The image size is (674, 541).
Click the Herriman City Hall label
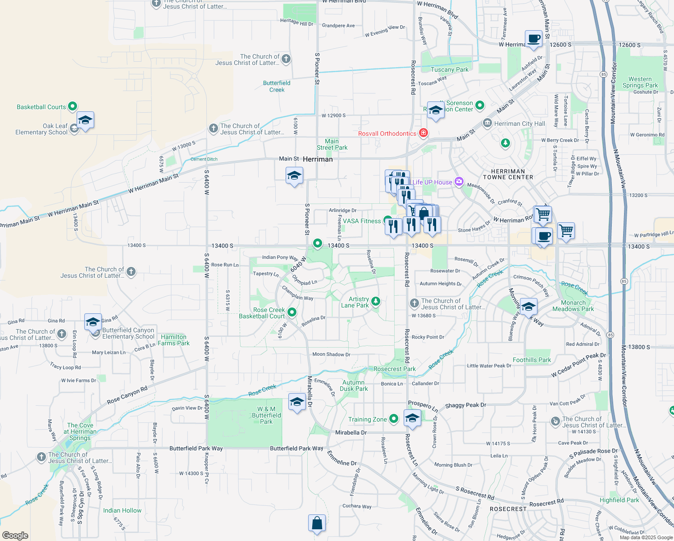[x=519, y=124]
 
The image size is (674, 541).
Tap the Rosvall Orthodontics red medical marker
[x=423, y=133]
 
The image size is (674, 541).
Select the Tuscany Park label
[x=449, y=69]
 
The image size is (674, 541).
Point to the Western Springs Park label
[x=640, y=82]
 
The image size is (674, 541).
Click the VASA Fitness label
[x=362, y=221]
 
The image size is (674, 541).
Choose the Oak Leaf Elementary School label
[x=41, y=129]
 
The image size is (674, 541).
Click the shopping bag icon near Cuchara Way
[x=317, y=523]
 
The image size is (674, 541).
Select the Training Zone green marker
[x=394, y=419]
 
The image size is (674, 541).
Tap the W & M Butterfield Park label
[x=266, y=415]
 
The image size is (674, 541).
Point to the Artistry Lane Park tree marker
[x=376, y=301]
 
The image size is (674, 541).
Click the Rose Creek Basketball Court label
[x=262, y=313]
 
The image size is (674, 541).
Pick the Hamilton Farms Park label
[x=173, y=340]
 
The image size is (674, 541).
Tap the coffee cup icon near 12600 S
[x=533, y=39]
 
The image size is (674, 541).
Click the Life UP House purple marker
[x=459, y=182]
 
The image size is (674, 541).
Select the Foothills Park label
[x=532, y=360]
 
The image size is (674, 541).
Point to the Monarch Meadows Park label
[x=573, y=306]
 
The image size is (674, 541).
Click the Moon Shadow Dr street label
[x=331, y=354]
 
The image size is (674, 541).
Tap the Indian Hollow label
[x=122, y=510]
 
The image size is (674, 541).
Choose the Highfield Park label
[x=619, y=500]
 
